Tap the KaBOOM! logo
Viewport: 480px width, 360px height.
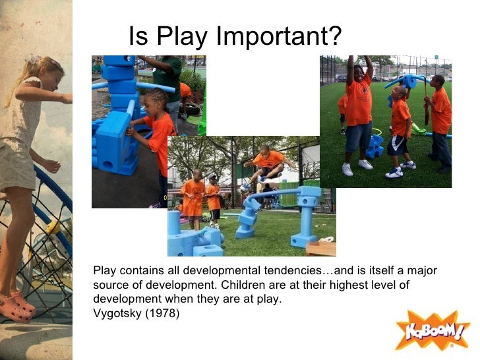432,330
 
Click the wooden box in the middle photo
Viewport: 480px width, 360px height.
320,248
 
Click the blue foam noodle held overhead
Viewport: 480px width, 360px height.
404,81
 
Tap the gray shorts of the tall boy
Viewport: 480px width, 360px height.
358,136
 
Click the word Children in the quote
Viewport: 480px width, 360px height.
241,285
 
